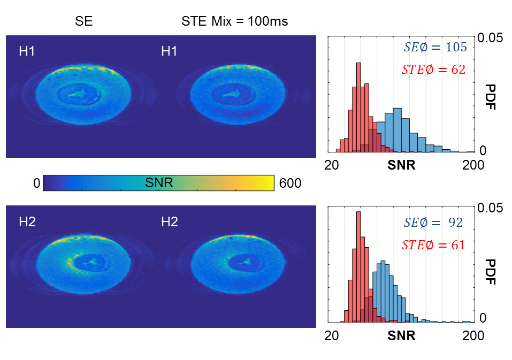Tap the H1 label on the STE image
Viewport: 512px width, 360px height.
tap(169, 51)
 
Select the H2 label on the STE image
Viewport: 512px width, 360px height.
tap(169, 222)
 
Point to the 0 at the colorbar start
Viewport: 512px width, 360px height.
tap(36, 183)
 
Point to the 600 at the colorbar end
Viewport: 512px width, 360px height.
tap(289, 183)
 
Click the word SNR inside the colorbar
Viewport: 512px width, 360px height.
tap(159, 183)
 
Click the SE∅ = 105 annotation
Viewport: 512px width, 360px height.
tap(435, 47)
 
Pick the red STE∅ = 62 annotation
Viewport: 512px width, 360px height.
tap(433, 70)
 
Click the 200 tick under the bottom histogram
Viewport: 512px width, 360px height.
tap(473, 336)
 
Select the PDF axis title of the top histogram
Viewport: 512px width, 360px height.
tap(491, 96)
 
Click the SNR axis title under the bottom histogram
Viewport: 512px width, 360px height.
tap(401, 336)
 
